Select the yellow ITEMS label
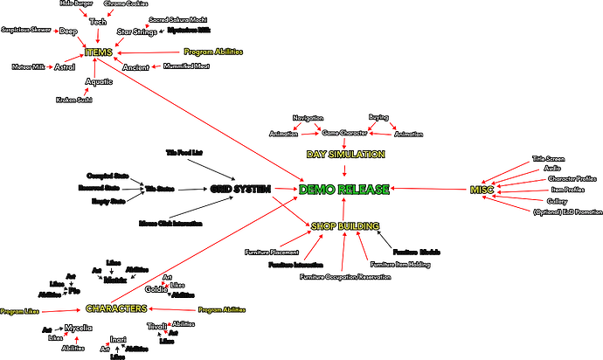tap(100, 53)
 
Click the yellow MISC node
tap(482, 190)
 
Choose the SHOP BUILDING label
tap(345, 226)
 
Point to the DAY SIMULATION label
tap(343, 154)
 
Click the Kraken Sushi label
tap(73, 100)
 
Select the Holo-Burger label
tap(76, 3)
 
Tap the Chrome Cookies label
tap(125, 4)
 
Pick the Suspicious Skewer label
tap(25, 29)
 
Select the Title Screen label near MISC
tap(550, 159)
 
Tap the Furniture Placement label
tap(272, 253)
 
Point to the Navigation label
tap(308, 117)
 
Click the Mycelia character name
tap(78, 329)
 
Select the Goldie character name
tap(156, 289)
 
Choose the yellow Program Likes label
tap(17, 311)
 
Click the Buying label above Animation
tap(378, 116)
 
